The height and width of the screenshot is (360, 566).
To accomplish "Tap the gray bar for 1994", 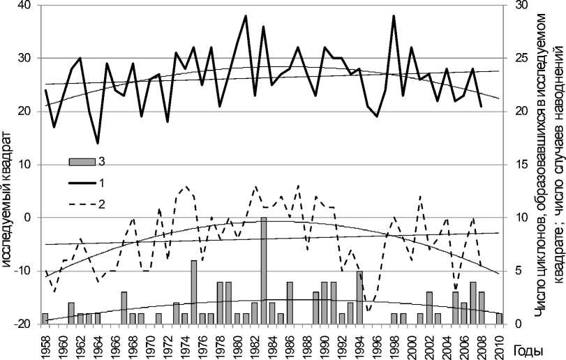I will click(x=359, y=297).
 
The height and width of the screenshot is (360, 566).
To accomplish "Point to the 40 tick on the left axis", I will click(x=27, y=6).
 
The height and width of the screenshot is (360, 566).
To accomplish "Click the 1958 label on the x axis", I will click(x=45, y=343).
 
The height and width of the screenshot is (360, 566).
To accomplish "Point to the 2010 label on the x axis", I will click(x=500, y=343).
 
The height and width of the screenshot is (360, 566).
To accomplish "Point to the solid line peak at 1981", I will click(x=246, y=15).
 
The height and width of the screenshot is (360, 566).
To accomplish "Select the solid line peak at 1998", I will click(x=394, y=15).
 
